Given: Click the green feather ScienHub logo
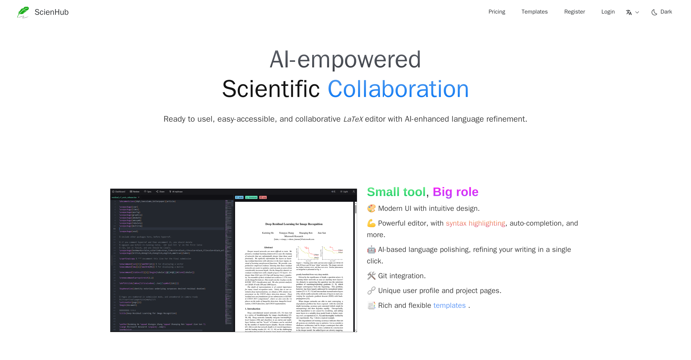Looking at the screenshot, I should [23, 12].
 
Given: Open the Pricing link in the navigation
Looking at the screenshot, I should [496, 12].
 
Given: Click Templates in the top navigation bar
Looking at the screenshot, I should [534, 12].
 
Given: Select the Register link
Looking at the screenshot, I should [574, 12].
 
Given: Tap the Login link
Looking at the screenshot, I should [608, 12].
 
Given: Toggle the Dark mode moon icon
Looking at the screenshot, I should [654, 12].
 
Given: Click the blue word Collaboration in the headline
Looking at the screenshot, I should [398, 89].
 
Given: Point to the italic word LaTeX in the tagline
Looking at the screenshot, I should [353, 119].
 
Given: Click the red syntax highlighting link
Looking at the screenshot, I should [475, 223].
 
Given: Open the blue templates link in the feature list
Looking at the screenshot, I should [449, 305].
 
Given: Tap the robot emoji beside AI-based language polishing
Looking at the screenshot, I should [371, 250].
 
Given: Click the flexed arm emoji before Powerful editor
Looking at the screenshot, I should [371, 223].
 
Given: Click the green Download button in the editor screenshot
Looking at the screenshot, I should [251, 197].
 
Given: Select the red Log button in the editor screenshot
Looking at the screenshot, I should [263, 197].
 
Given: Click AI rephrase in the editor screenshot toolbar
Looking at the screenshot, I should [176, 192].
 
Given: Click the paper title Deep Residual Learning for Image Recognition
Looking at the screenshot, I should [294, 224].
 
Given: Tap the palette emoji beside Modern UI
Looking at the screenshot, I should [371, 208].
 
